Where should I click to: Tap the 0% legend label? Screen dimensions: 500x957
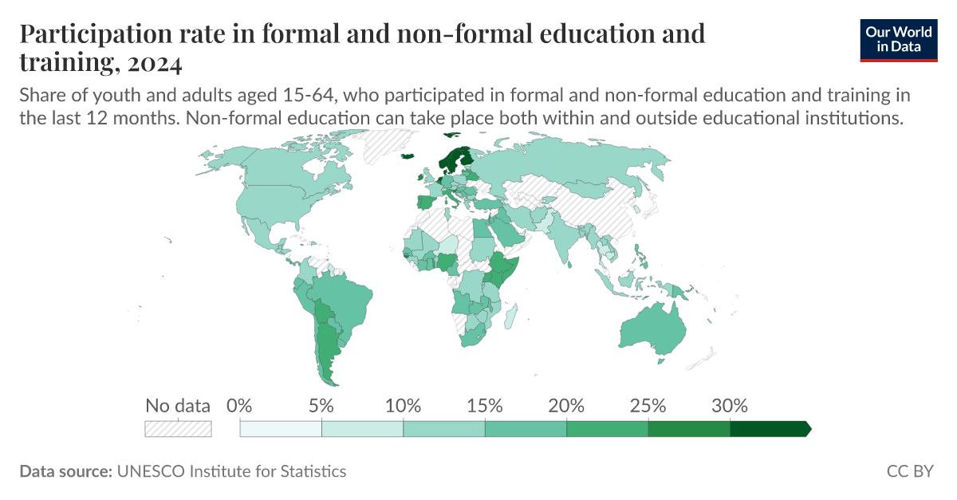click(x=239, y=405)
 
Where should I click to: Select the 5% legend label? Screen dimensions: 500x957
click(x=321, y=405)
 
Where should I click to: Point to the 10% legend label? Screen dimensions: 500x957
click(x=403, y=405)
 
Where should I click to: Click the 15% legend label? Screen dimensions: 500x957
click(x=485, y=405)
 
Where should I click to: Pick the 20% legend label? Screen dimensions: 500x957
click(x=566, y=405)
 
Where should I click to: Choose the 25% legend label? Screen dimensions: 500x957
click(x=648, y=405)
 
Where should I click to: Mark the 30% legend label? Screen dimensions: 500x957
click(x=730, y=405)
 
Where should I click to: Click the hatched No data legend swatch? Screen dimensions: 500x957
click(x=178, y=429)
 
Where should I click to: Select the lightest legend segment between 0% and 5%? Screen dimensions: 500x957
click(x=281, y=429)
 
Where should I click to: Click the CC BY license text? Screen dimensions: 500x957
click(x=910, y=471)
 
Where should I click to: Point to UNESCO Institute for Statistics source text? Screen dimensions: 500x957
click(x=231, y=471)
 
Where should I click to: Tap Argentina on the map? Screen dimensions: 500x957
click(x=328, y=351)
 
